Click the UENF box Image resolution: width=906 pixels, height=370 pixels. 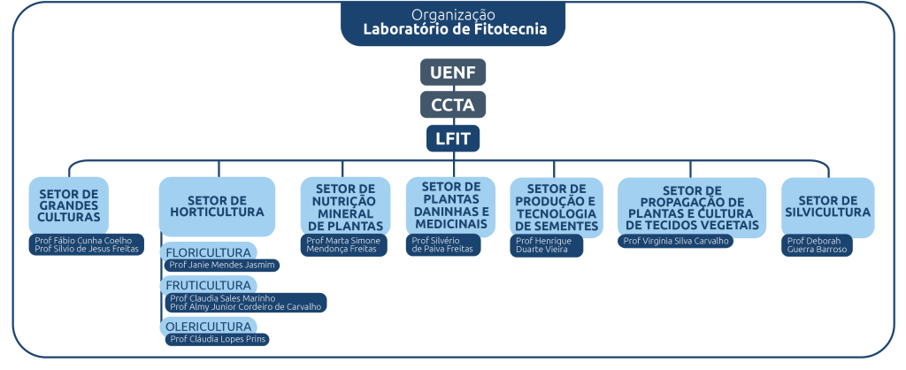(453, 72)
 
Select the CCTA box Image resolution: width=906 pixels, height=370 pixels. (453, 105)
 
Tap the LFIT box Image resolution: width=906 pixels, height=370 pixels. (453, 138)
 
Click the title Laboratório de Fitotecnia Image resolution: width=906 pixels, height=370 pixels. (455, 29)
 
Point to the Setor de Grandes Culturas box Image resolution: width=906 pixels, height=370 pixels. (69, 204)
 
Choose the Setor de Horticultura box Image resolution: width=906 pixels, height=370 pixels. (217, 206)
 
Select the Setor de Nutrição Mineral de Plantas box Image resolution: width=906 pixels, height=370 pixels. (344, 205)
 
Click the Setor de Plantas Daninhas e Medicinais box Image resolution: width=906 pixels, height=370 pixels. (451, 204)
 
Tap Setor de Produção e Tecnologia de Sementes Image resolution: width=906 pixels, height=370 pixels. (556, 206)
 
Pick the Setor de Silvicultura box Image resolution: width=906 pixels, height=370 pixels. (827, 206)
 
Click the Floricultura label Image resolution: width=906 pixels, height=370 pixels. (209, 252)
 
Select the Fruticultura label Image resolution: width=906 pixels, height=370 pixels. (209, 285)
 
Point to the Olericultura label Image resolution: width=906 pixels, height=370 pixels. (209, 327)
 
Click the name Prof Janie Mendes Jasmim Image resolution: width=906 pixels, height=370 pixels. (223, 265)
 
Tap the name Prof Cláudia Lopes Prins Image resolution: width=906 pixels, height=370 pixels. (218, 339)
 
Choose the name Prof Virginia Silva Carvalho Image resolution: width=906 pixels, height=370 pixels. (675, 241)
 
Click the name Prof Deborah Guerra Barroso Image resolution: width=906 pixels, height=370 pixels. (818, 245)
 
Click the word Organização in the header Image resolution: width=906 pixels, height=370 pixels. (453, 15)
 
